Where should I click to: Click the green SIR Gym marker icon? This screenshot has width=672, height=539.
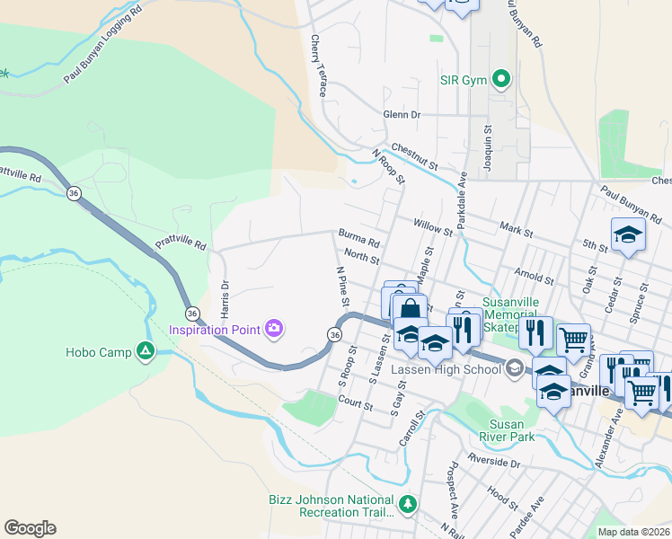501,80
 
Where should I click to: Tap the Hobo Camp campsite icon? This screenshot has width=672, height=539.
145,351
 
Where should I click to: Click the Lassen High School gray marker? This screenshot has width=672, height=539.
513,367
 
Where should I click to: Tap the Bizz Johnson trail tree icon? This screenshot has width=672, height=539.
408,504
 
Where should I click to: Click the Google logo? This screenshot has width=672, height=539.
30,528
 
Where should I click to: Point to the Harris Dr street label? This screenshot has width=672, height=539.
225,296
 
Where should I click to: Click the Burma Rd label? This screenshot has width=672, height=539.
358,238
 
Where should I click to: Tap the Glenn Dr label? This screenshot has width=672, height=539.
402,115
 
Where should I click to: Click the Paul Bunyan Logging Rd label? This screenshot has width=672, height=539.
103,48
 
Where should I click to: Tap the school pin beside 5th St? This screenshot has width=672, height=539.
628,234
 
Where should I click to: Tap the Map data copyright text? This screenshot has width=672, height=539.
634,532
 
